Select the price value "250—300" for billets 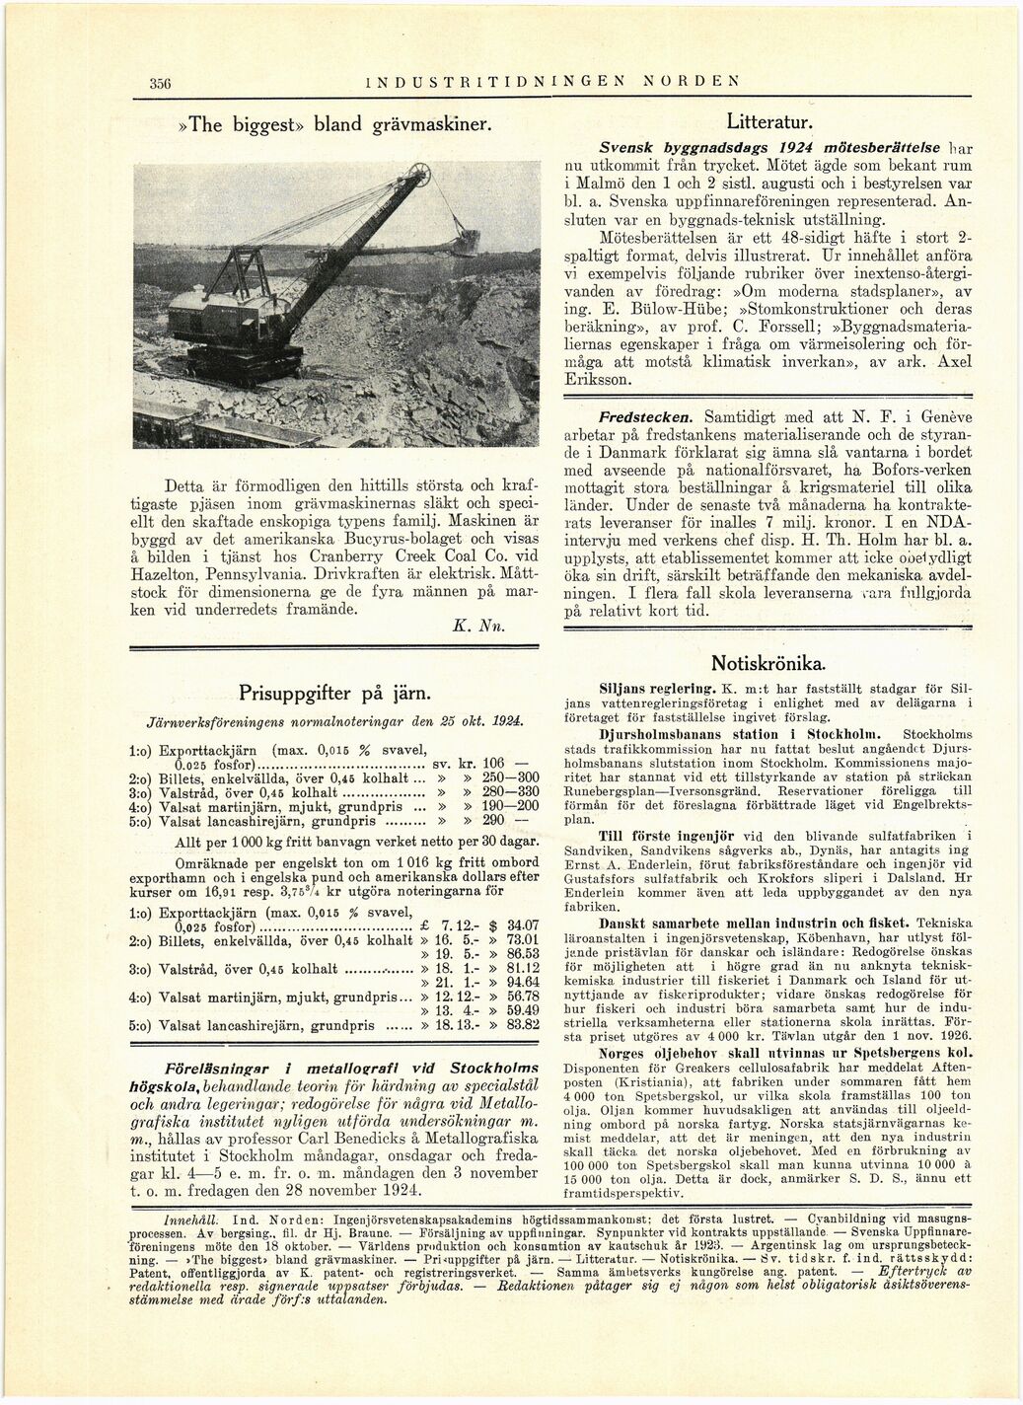pos(507,777)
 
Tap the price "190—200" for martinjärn pos(507,806)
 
